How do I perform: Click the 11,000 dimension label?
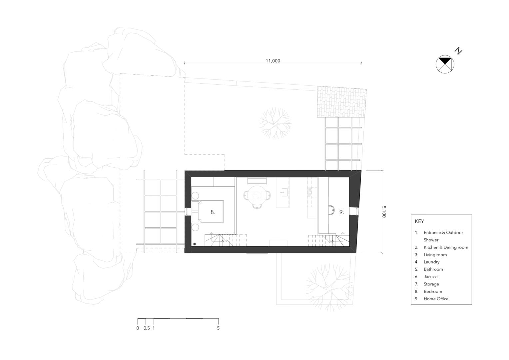[273, 61]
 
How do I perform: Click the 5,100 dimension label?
[384, 212]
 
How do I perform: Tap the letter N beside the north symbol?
[459, 51]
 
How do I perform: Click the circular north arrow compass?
[445, 64]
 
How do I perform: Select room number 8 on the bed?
[213, 212]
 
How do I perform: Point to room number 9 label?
[341, 212]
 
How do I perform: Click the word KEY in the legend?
[419, 221]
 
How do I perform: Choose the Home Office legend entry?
[436, 299]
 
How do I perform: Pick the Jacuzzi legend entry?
[431, 277]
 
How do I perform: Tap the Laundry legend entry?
[431, 262]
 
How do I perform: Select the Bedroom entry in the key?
[433, 291]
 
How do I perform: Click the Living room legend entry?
[435, 255]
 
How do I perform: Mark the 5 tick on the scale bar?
[219, 321]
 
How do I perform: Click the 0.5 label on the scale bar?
[147, 328]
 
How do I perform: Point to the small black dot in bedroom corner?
[195, 244]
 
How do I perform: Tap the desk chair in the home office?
[331, 210]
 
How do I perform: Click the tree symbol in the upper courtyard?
[275, 123]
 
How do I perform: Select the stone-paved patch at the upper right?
[341, 102]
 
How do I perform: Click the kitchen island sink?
[282, 192]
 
